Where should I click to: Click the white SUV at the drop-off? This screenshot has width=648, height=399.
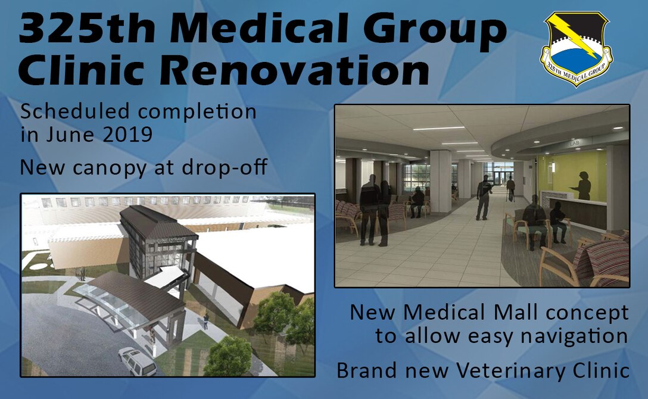pyautogui.click(x=137, y=361)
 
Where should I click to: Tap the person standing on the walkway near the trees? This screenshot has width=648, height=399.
pyautogui.click(x=206, y=322)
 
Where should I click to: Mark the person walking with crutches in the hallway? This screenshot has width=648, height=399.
pyautogui.click(x=510, y=188)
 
